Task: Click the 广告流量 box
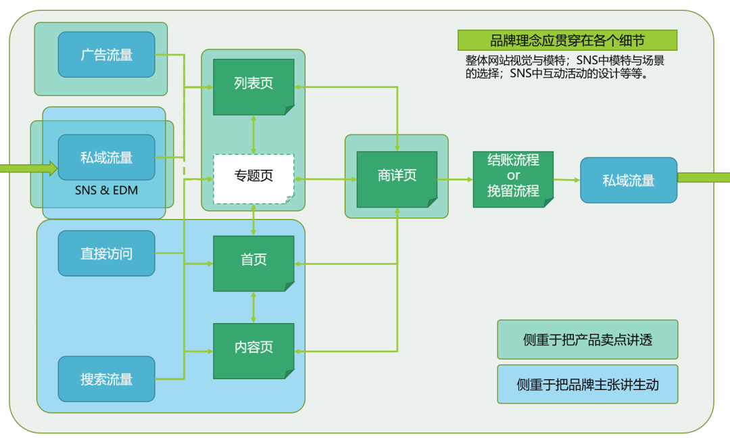pyautogui.click(x=106, y=55)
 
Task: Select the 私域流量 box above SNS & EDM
pyautogui.click(x=106, y=157)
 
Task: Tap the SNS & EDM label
pyautogui.click(x=106, y=191)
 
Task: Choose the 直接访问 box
pyautogui.click(x=106, y=253)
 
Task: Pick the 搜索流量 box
pyautogui.click(x=106, y=379)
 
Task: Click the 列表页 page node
pyautogui.click(x=253, y=84)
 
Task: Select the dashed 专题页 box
pyautogui.click(x=253, y=177)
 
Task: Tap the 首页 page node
pyautogui.click(x=253, y=260)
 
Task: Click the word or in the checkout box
pyautogui.click(x=513, y=176)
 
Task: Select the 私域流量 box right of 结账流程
pyautogui.click(x=628, y=180)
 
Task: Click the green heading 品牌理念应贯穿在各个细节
pyautogui.click(x=566, y=41)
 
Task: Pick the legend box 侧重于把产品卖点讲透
pyautogui.click(x=587, y=339)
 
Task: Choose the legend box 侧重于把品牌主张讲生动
pyautogui.click(x=587, y=385)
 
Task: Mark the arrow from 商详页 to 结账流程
pyautogui.click(x=455, y=179)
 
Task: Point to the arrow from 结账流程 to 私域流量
pyautogui.click(x=566, y=180)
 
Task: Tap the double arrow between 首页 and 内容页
pyautogui.click(x=253, y=307)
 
